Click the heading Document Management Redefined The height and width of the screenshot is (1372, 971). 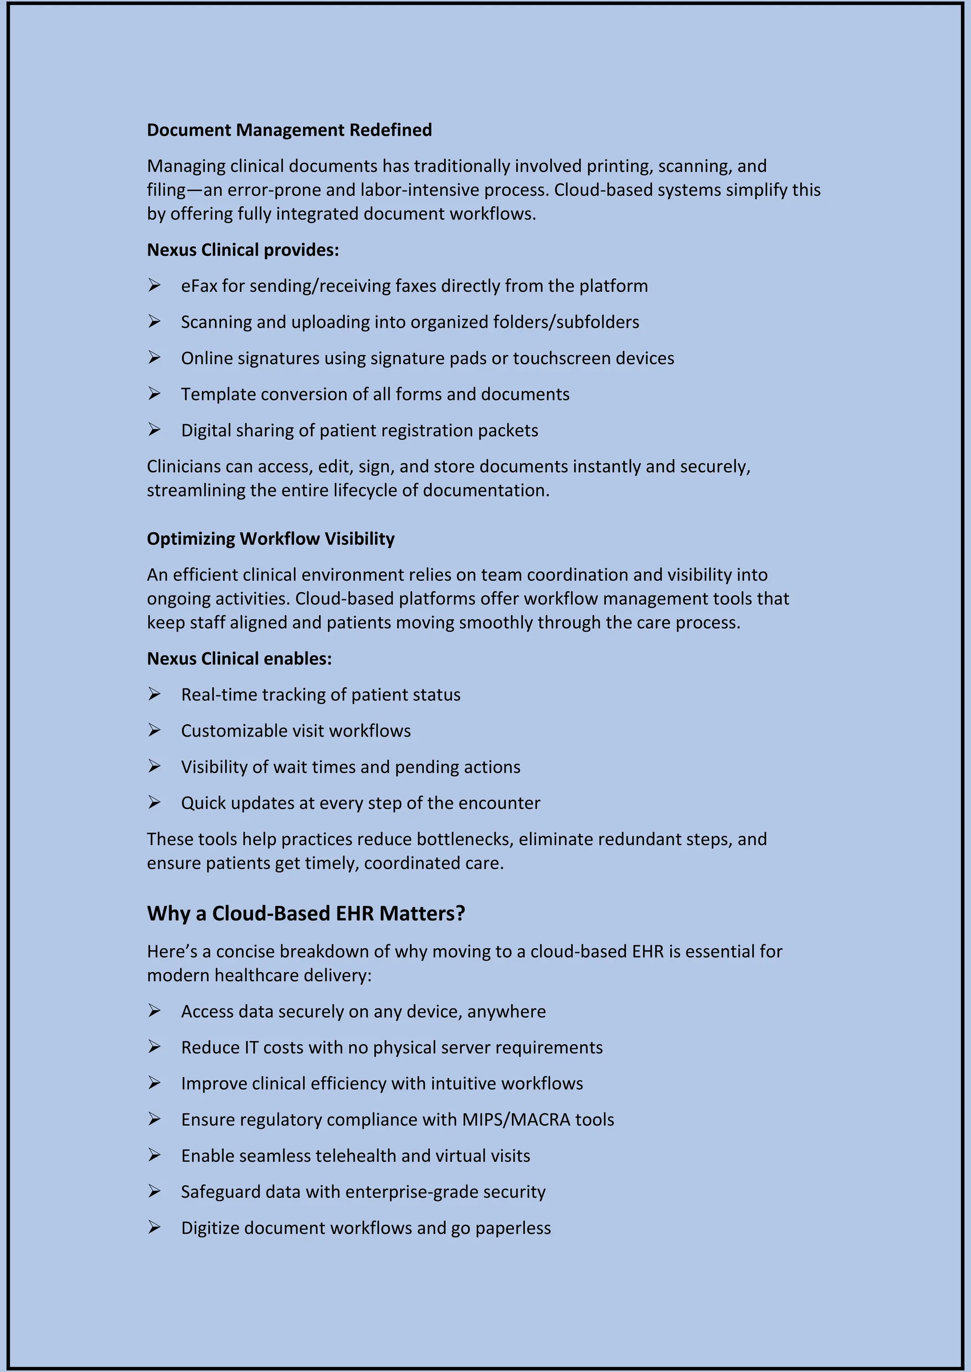coord(289,130)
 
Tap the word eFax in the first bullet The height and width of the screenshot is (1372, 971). coord(199,286)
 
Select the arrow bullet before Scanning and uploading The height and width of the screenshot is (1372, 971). coord(154,322)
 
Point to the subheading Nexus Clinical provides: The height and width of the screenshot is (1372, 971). coord(243,250)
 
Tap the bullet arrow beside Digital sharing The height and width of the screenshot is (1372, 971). coord(154,430)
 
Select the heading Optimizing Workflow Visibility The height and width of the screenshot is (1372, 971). coord(271,538)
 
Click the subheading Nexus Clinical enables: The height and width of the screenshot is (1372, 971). coord(239,659)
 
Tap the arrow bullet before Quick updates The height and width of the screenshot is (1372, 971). coord(154,803)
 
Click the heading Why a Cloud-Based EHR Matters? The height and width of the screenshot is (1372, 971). coord(305,913)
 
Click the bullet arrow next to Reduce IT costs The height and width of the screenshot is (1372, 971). coord(154,1047)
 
